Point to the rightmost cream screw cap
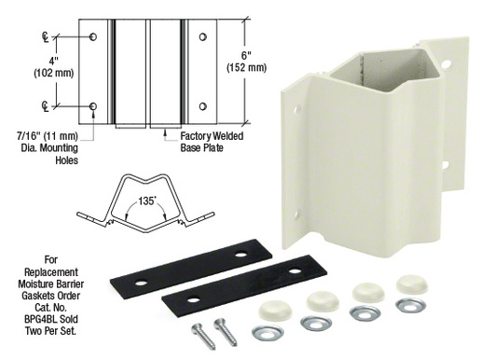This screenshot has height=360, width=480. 410,284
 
